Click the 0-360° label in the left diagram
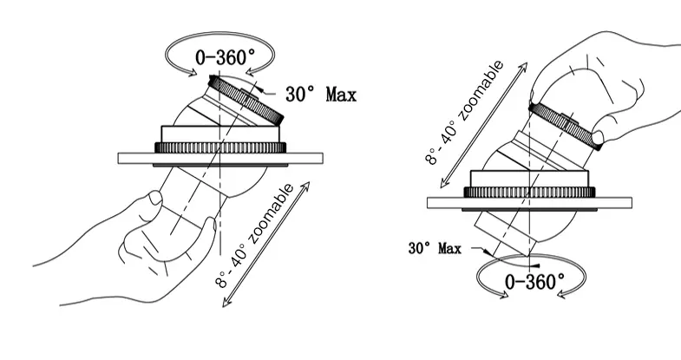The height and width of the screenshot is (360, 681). [226, 59]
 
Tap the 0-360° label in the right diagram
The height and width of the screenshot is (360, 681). [535, 280]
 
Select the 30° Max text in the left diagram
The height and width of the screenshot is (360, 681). [323, 93]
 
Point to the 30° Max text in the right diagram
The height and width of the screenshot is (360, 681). [435, 249]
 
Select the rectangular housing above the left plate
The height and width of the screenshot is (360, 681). [221, 134]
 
